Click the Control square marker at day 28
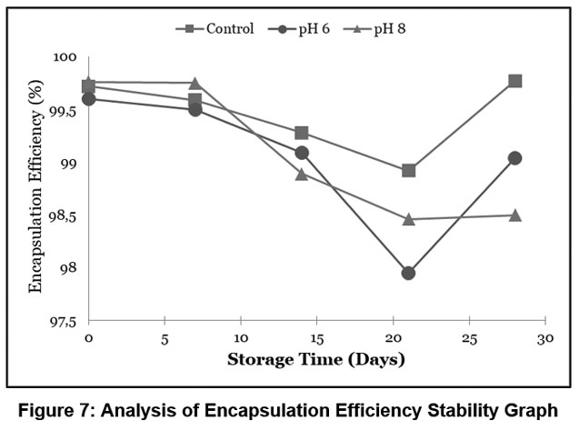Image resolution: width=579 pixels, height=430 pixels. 515,81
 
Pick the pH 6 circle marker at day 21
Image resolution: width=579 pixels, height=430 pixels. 408,273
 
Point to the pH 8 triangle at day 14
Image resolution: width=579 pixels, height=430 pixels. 302,174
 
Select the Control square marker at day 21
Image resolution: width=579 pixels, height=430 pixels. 409,170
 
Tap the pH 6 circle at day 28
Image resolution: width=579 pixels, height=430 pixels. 515,158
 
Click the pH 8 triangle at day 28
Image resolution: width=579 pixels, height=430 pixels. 515,215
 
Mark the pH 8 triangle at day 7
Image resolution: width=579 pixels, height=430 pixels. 195,84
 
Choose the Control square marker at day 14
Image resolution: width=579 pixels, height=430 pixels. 302,133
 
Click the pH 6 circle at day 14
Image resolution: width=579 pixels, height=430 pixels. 302,153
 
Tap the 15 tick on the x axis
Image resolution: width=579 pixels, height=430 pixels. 316,337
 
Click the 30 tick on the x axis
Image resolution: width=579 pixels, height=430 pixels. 544,337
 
